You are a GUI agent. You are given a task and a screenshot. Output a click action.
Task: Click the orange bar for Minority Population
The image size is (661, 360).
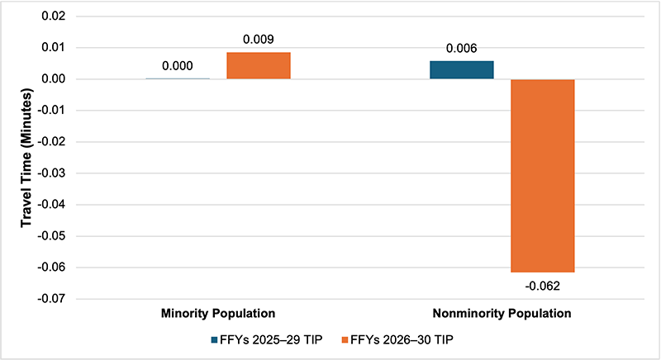point(259,66)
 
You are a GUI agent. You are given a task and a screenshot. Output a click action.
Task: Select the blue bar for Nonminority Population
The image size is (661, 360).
point(461,70)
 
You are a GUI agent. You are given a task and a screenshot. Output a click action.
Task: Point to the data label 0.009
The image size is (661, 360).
point(259,39)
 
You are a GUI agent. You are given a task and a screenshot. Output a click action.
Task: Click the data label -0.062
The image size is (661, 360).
point(542,286)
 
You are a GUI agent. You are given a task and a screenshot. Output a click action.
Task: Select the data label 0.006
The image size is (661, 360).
point(461,48)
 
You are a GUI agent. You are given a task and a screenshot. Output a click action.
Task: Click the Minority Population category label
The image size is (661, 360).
point(218,314)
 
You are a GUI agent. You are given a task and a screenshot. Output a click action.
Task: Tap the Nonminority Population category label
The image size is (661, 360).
point(502,314)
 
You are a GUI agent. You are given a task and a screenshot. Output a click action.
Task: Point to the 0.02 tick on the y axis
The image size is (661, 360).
point(61,17)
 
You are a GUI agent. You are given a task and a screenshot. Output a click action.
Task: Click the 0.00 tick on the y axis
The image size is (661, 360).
point(61,79)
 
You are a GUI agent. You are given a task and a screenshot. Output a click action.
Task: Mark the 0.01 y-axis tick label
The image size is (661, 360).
point(61,48)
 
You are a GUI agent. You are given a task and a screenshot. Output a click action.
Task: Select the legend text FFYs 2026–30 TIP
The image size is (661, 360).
point(407,339)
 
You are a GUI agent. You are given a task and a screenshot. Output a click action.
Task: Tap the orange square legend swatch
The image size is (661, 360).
point(356,339)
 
